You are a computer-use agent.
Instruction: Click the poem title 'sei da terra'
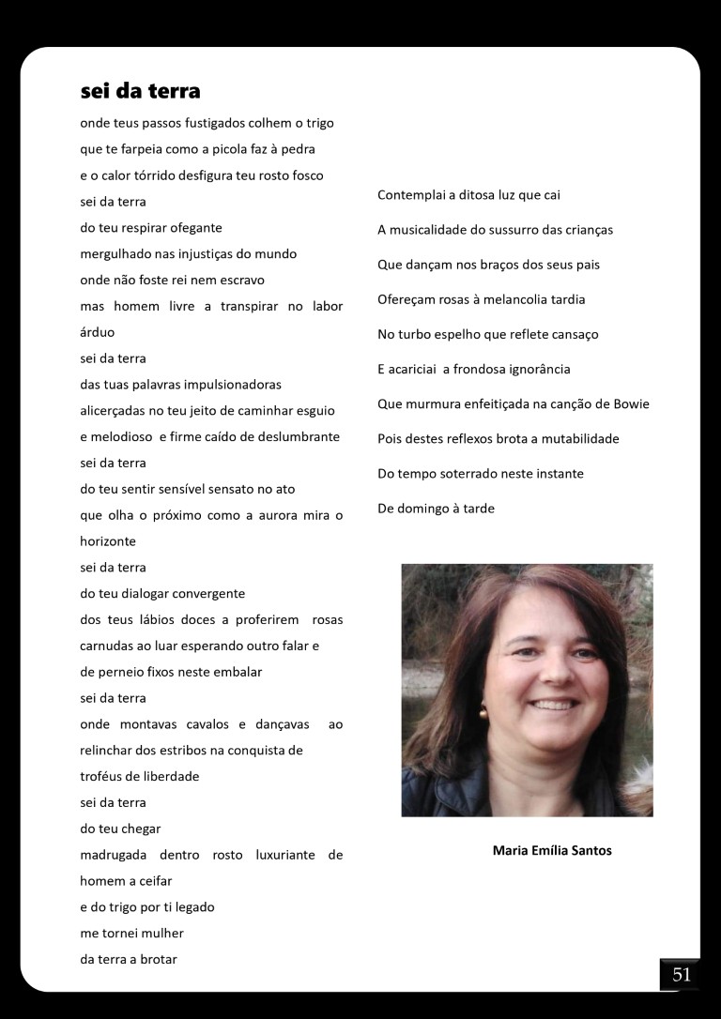point(140,91)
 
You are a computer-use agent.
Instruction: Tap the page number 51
point(681,975)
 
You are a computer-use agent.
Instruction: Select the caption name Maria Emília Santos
point(552,851)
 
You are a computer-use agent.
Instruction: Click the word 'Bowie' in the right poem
point(630,404)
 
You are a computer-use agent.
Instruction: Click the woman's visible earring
point(483,712)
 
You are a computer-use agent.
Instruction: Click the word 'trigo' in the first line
point(317,123)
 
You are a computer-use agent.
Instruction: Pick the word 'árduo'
point(100,332)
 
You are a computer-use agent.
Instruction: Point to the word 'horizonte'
point(108,541)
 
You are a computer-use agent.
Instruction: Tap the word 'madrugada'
point(113,856)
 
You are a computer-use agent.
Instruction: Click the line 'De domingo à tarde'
point(436,509)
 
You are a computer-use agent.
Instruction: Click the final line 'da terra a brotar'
point(130,960)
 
